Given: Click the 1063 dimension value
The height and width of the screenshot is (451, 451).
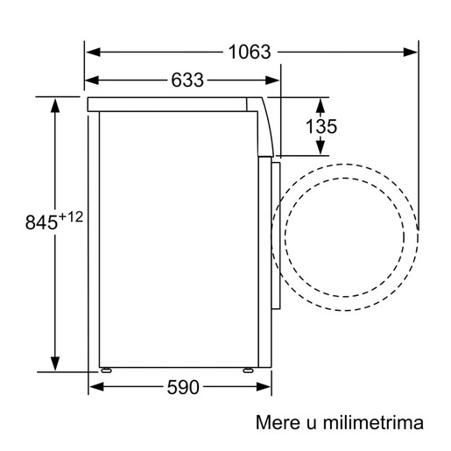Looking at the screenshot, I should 250,52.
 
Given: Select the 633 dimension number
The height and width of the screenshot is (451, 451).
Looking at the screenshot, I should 187,81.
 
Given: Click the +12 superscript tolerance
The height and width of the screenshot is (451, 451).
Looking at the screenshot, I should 72,216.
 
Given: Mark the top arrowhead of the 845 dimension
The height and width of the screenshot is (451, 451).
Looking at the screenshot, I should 56,106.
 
